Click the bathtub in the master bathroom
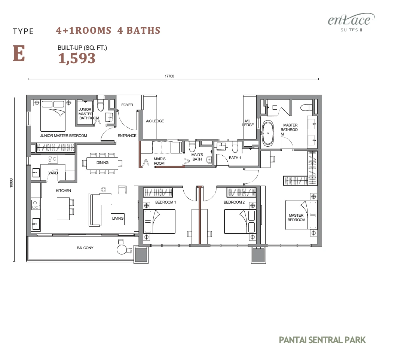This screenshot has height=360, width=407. pos(268,134)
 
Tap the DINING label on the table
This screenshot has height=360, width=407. pos(102,162)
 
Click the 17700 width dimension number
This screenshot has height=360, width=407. pos(169,76)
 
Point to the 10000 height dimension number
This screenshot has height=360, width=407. pos(11,183)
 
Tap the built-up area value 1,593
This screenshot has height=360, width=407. pos(77,58)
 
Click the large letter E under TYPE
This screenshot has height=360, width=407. pos(19,53)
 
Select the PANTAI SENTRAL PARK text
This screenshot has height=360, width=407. pos(322,340)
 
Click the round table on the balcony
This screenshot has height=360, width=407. pos(122,250)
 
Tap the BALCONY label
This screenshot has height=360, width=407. pos(85,248)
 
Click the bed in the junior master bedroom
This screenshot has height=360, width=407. pos(53,116)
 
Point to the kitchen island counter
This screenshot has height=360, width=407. pos(63,208)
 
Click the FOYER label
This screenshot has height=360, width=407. pos(127,105)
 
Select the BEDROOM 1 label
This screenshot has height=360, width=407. pos(166,202)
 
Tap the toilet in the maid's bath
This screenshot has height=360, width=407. pos(192,146)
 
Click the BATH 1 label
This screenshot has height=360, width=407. pos(235,158)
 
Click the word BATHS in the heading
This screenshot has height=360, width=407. pos(143,30)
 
